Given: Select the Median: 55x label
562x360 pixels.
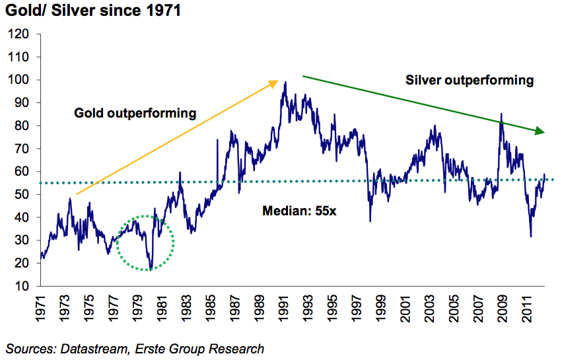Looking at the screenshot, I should tap(291, 211).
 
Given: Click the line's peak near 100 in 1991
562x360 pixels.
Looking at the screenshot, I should tap(285, 83).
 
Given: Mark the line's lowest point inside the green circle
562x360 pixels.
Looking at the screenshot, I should tap(151, 270).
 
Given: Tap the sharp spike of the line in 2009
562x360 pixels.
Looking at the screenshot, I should tap(501, 114).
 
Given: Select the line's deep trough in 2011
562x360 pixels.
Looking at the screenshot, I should tap(531, 236).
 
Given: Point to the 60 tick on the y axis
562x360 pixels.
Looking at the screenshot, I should tap(22, 172).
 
